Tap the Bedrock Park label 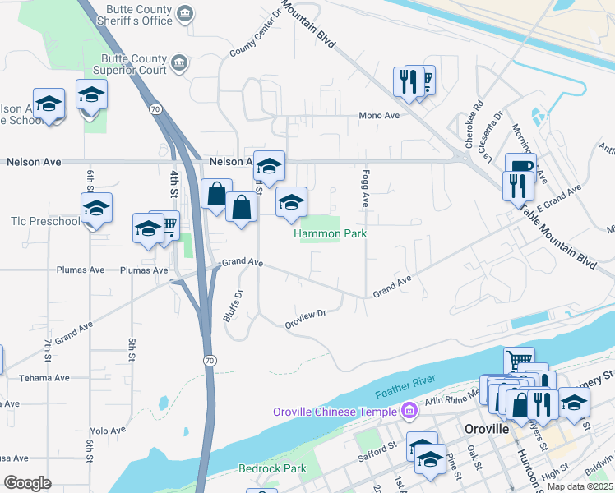click(271, 468)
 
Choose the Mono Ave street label click(378, 116)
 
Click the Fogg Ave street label click(363, 188)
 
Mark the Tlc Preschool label click(45, 222)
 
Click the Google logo click(28, 482)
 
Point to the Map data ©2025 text click(580, 486)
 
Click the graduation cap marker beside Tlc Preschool click(96, 208)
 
